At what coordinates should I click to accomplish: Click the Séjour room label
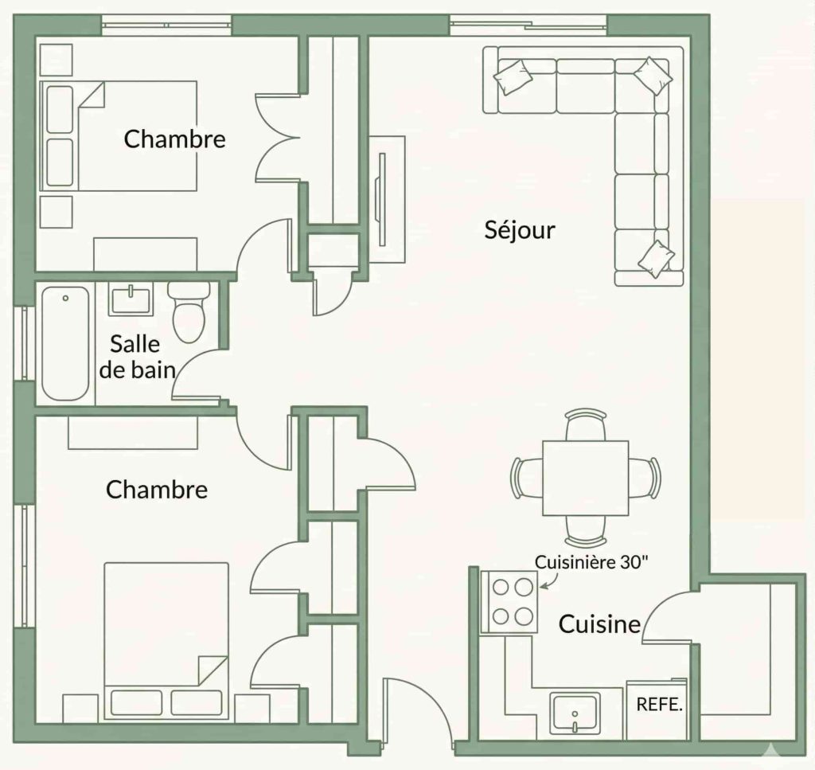520,230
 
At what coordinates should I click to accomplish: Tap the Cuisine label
599,624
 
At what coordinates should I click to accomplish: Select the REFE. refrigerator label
659,705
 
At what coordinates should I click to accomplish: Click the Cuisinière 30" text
591,562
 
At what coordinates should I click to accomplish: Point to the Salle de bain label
137,358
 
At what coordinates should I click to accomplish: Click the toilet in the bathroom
189,311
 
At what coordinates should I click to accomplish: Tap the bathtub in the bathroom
65,343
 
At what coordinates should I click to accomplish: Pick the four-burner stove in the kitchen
509,602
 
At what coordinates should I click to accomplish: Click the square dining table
586,479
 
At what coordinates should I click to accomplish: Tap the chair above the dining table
586,424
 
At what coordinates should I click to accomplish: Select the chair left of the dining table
527,479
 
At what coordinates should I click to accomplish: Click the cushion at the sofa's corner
653,76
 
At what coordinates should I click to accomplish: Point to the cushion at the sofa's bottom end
656,259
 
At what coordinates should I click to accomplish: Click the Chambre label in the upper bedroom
174,139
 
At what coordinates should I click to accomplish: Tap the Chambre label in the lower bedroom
157,490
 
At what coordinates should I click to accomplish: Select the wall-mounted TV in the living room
382,199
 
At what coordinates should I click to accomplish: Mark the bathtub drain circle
65,299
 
